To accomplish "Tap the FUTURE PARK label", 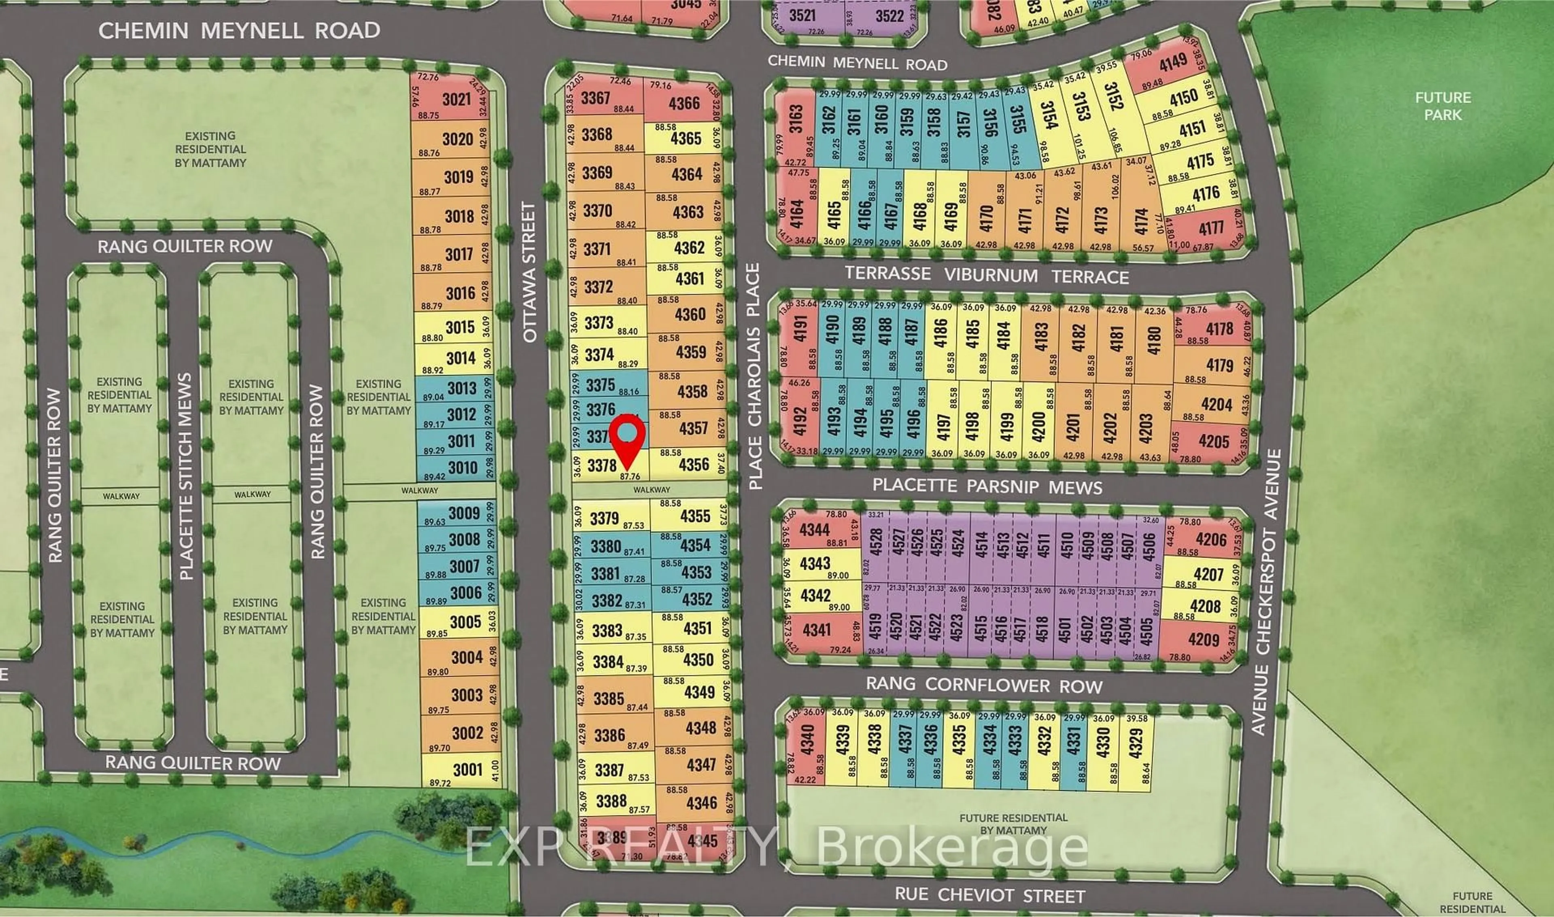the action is tap(1442, 106).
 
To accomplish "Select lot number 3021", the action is tap(456, 99).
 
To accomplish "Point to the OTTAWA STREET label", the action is tap(530, 272).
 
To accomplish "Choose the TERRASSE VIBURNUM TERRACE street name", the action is tap(987, 274).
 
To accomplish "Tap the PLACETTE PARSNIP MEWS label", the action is tap(987, 486).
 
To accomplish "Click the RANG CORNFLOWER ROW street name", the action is tap(984, 685).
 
